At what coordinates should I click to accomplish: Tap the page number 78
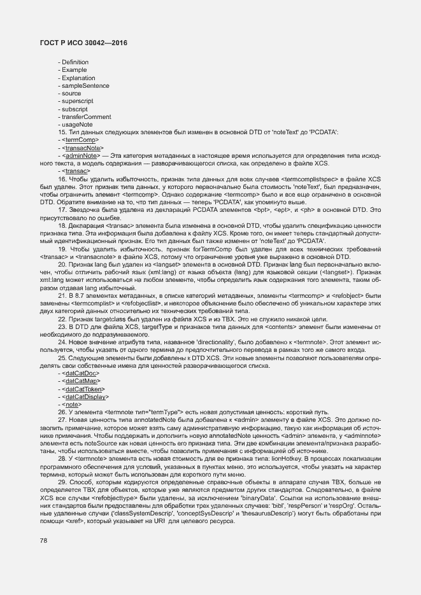tap(43, 540)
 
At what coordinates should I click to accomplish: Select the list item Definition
tap(75, 62)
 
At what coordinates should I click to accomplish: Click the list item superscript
tap(78, 101)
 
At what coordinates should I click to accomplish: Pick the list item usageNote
tap(77, 124)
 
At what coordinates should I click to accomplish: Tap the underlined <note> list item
tap(71, 404)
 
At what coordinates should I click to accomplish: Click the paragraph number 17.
tap(62, 209)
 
